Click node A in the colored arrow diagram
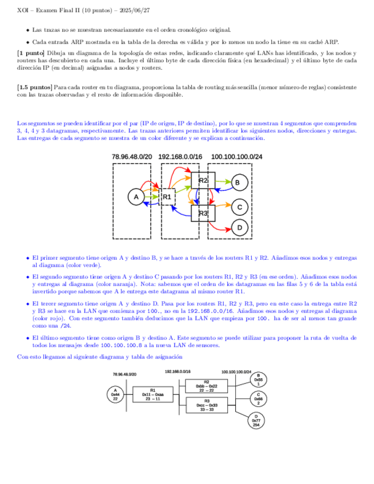point(136,197)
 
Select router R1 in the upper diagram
point(167,197)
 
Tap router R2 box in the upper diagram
point(203,180)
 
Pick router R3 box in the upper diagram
point(203,213)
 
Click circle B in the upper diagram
point(239,182)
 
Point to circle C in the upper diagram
point(240,207)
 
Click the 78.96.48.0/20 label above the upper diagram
point(132,156)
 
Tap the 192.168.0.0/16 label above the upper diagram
point(180,156)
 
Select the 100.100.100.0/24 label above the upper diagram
point(236,156)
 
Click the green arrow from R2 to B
point(223,182)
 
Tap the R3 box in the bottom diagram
point(206,406)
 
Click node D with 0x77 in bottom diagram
point(256,421)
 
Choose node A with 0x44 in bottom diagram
point(115,394)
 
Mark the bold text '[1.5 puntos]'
point(34,88)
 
